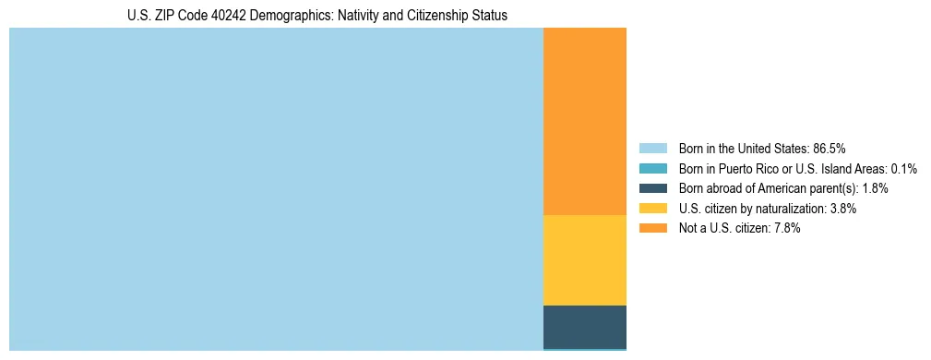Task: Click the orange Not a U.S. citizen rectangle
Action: [584, 121]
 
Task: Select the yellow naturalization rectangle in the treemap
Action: [584, 259]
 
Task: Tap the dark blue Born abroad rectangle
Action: [584, 326]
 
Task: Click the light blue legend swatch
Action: [652, 149]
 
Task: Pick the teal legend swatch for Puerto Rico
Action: [652, 169]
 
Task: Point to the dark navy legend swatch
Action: [652, 188]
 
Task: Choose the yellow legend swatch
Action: [652, 209]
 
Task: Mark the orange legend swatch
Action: [652, 228]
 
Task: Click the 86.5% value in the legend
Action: [830, 149]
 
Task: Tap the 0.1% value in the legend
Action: [904, 169]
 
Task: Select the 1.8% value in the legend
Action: [876, 188]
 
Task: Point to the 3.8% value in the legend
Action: [843, 209]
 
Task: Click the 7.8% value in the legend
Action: [787, 228]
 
